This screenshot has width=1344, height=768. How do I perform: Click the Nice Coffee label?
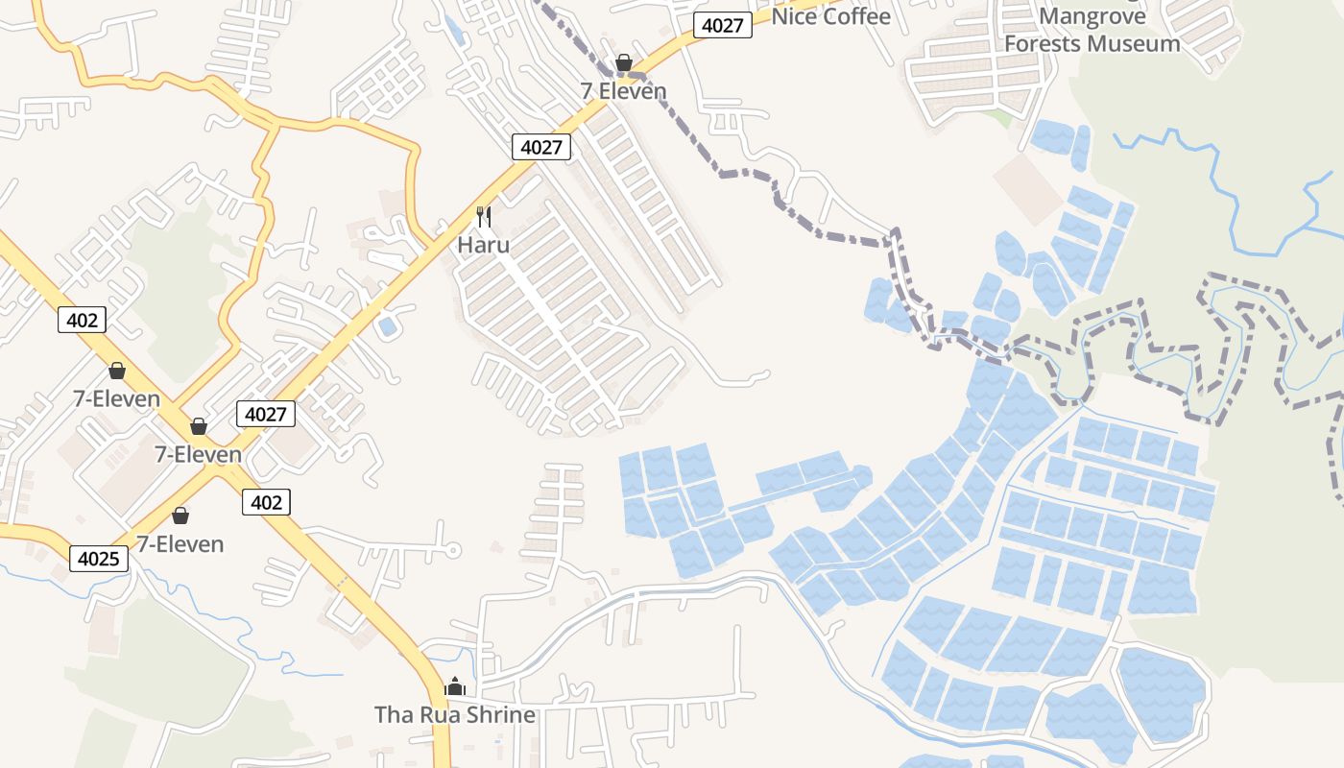pyautogui.click(x=830, y=16)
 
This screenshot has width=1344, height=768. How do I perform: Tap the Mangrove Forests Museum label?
pyautogui.click(x=1092, y=30)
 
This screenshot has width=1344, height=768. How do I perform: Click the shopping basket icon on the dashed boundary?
pyautogui.click(x=624, y=63)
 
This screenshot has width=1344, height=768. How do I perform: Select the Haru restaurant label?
pyautogui.click(x=483, y=245)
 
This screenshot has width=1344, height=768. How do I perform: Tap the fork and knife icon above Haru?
pyautogui.click(x=484, y=216)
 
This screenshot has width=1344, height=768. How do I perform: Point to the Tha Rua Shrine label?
pyautogui.click(x=454, y=715)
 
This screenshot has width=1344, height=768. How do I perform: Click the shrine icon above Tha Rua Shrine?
pyautogui.click(x=455, y=686)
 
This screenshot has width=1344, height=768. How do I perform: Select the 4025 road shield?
pyautogui.click(x=99, y=558)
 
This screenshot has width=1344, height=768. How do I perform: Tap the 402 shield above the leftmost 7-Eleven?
pyautogui.click(x=82, y=320)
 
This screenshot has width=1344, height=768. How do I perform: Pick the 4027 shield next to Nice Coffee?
pyautogui.click(x=722, y=25)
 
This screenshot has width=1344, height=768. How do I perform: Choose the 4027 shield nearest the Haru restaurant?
pyautogui.click(x=541, y=147)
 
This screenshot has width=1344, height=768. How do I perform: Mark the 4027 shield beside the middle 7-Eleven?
pyautogui.click(x=266, y=414)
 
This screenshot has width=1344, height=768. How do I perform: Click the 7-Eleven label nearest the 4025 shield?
pyautogui.click(x=180, y=544)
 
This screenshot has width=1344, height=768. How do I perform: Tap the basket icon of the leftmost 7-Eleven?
pyautogui.click(x=117, y=371)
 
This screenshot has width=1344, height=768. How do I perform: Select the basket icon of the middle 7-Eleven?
pyautogui.click(x=199, y=426)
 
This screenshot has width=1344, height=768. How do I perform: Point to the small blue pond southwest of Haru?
pyautogui.click(x=388, y=326)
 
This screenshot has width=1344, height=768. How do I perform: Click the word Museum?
pyautogui.click(x=1140, y=43)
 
